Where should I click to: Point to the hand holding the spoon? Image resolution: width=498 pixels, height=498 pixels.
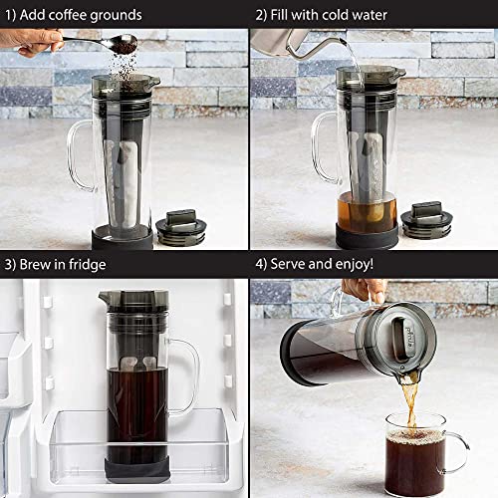click(x=35, y=40)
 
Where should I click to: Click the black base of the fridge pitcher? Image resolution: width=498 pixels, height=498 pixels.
click(x=133, y=468)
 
